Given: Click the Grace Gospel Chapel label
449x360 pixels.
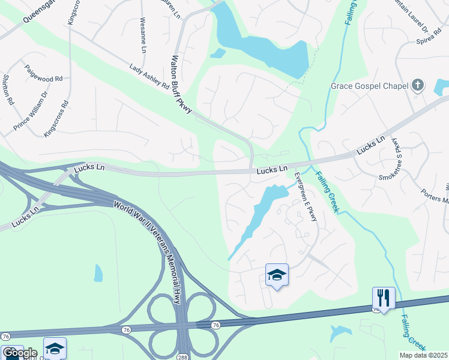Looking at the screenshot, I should [x=369, y=86].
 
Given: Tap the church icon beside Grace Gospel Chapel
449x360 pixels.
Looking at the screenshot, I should [x=418, y=85].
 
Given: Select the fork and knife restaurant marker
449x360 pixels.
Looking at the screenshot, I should [x=384, y=297].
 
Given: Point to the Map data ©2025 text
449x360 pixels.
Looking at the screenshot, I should [x=423, y=355].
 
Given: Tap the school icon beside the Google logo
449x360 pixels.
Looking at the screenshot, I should [x=55, y=348].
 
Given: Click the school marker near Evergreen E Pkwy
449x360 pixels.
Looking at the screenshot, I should [x=277, y=275].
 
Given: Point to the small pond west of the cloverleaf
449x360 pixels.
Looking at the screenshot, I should [x=98, y=273].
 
